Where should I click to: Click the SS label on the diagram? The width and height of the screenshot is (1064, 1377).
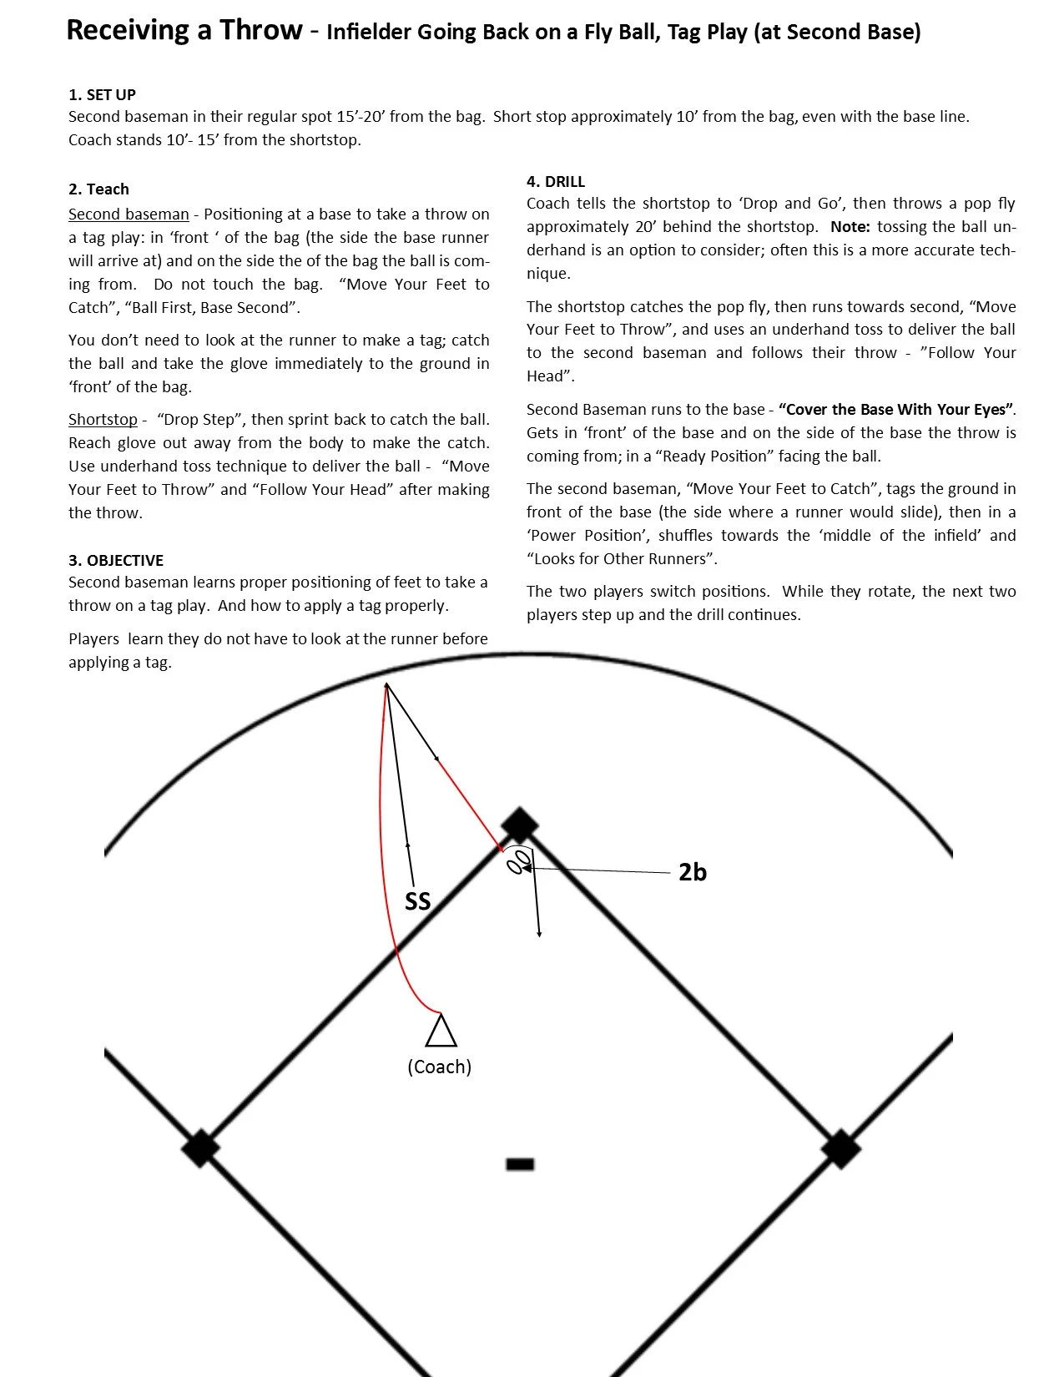[x=417, y=901]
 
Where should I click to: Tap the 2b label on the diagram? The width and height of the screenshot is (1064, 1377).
[x=692, y=872]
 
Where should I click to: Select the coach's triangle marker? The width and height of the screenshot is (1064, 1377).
[x=441, y=1031]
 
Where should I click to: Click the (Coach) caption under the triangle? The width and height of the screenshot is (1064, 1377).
[x=439, y=1067]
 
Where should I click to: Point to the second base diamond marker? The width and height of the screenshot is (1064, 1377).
[x=520, y=825]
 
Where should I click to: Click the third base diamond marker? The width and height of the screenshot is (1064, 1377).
[x=200, y=1148]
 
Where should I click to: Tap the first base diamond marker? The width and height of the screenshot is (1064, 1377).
[x=840, y=1149]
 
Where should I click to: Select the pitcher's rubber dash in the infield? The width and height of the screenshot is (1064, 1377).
[x=520, y=1163]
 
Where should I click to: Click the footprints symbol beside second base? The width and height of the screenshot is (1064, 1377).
[x=519, y=860]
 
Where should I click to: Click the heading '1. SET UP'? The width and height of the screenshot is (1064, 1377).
[x=102, y=94]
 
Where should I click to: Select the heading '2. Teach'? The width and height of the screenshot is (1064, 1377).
[x=98, y=189]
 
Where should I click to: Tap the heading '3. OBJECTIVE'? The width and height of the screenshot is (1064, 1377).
[x=116, y=560]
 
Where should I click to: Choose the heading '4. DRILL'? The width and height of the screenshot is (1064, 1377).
[x=556, y=181]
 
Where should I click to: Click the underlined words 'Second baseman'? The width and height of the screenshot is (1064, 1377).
[x=129, y=214]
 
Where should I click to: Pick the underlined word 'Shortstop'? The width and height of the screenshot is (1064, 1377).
[x=103, y=419]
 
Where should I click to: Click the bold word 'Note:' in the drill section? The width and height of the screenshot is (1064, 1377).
[x=850, y=227]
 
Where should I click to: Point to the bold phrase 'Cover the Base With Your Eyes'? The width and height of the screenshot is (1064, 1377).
[x=897, y=410]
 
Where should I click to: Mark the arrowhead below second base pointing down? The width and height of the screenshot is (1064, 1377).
[x=539, y=934]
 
